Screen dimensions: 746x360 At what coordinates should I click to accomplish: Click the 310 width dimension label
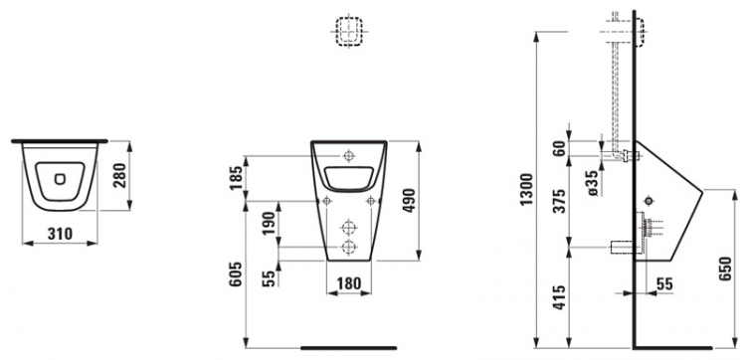(60, 234)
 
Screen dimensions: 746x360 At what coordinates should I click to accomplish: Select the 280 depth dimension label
(120, 175)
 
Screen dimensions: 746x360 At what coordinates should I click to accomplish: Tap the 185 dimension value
(236, 178)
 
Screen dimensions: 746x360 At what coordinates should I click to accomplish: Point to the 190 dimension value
(269, 224)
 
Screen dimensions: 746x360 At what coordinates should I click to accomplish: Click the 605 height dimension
(236, 273)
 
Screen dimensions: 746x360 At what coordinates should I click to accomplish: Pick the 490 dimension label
(409, 201)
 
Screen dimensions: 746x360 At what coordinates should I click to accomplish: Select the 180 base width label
(349, 283)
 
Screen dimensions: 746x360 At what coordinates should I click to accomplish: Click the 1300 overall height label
(528, 189)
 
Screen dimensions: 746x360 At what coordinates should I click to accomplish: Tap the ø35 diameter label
(593, 182)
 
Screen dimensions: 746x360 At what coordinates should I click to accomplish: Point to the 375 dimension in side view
(559, 201)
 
